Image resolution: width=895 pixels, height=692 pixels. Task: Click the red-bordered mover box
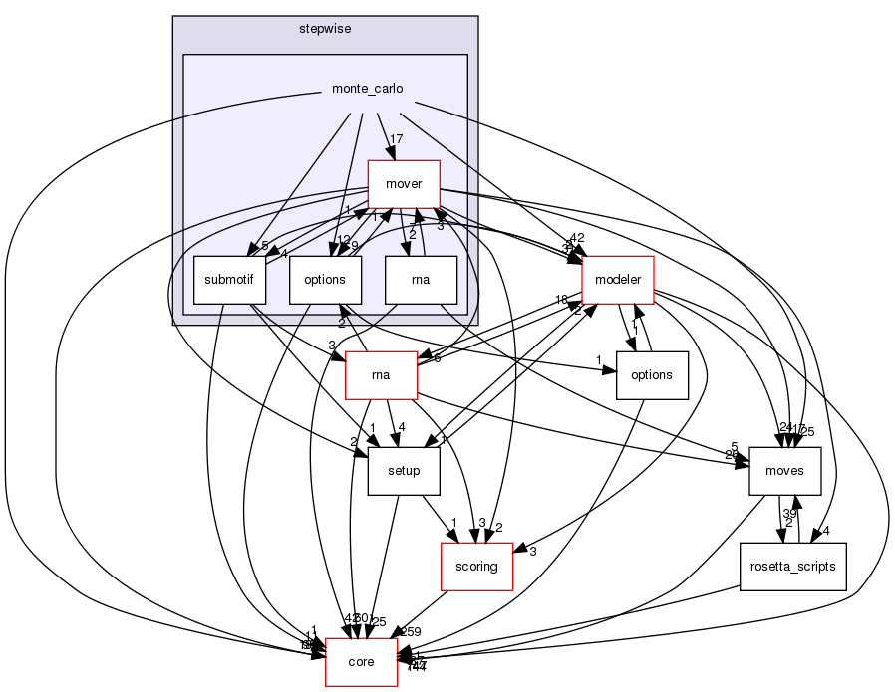coord(404,184)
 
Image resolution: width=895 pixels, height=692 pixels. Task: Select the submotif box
coord(229,281)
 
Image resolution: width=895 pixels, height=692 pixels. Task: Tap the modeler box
coord(617,281)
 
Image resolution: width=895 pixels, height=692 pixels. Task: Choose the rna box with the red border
coord(380,376)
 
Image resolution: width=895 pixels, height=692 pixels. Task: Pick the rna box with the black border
coord(421,281)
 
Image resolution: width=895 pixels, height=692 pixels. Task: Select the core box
coord(362,663)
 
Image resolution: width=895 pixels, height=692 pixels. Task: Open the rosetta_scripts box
coord(793,568)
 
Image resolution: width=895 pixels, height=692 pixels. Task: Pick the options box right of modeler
coord(653,376)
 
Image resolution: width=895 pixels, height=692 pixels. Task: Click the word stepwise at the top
coord(324,29)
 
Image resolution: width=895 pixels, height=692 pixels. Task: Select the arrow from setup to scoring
coord(438,519)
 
